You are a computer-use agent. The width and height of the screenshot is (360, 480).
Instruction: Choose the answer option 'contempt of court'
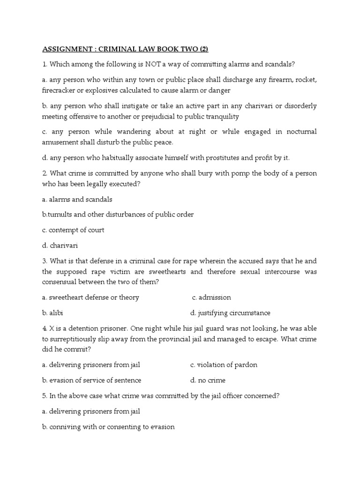73,230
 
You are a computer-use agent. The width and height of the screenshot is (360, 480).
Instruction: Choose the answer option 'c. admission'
211,297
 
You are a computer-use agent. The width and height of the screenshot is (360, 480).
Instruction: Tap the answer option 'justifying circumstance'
230,313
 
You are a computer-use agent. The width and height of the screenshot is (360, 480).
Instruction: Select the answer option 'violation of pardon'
224,365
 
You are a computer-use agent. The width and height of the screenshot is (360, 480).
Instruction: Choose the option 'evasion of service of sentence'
91,380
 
